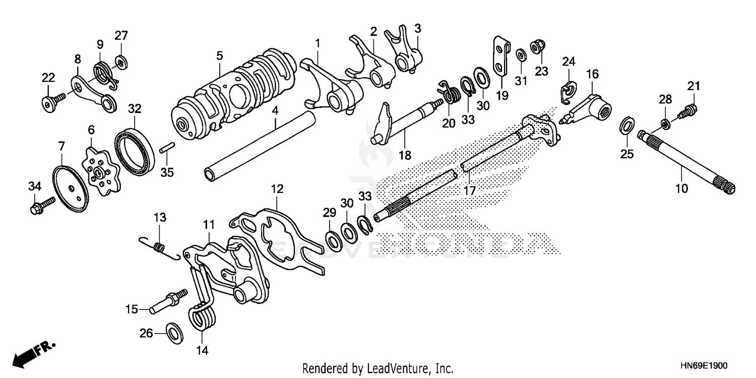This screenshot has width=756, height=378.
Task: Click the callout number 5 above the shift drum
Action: (220, 55)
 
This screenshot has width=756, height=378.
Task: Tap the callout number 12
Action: (277, 189)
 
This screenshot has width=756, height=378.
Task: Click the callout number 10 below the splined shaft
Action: (681, 189)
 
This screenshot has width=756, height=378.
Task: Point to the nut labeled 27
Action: (120, 61)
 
